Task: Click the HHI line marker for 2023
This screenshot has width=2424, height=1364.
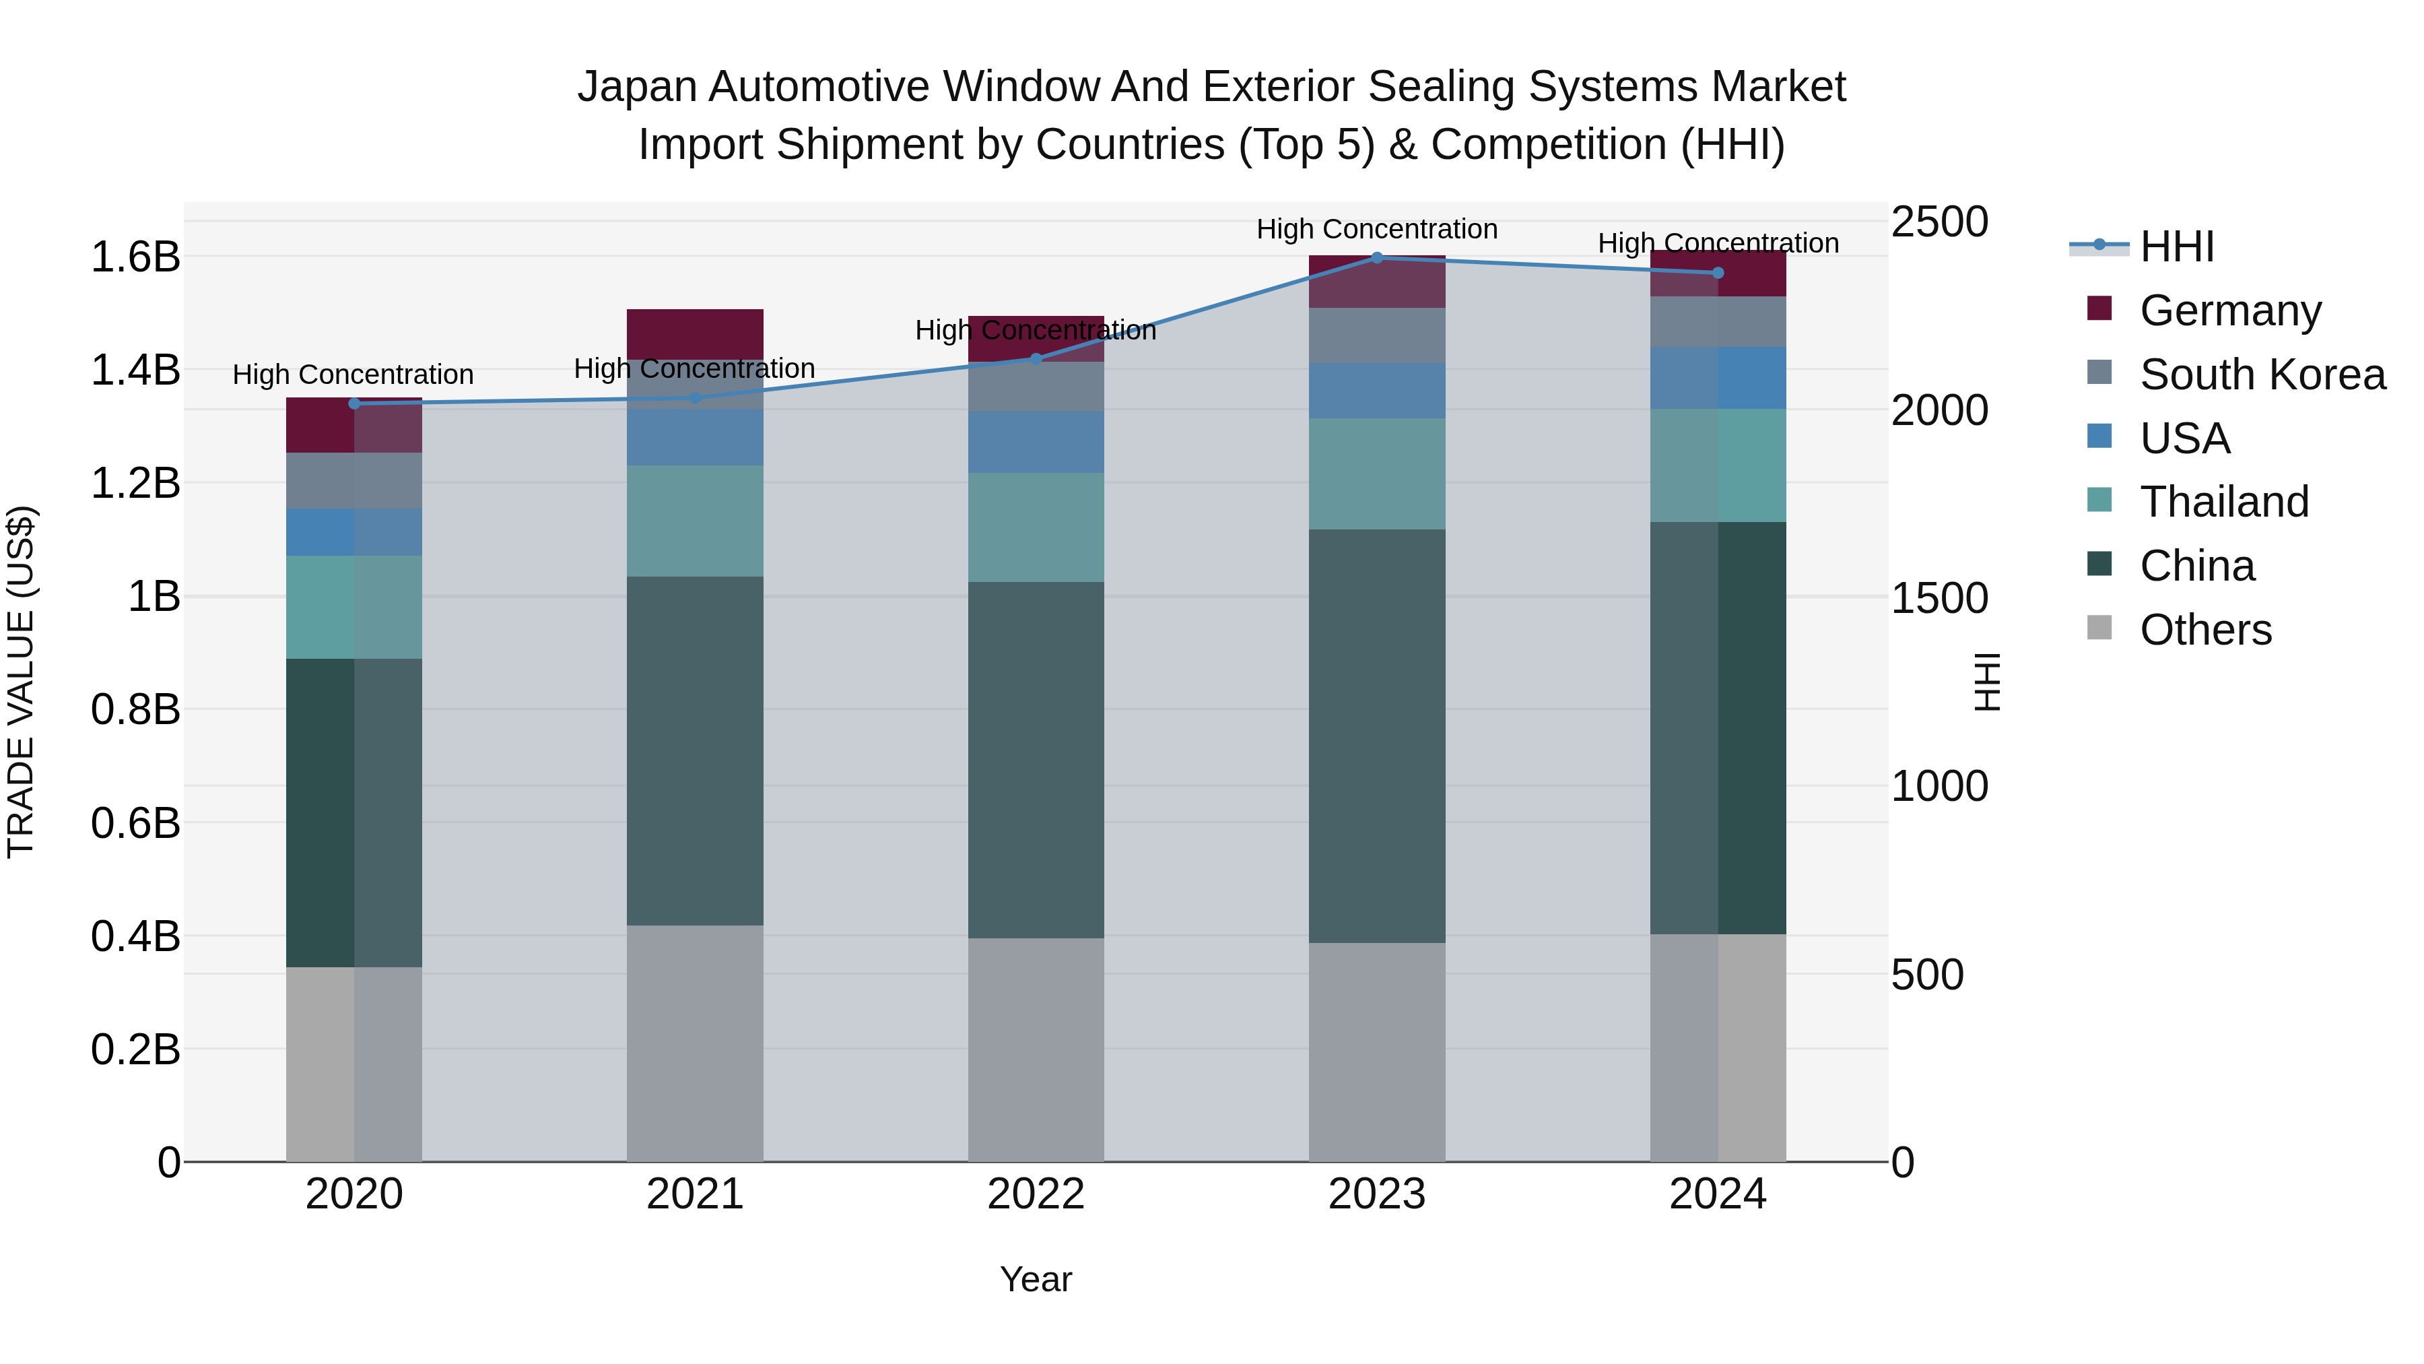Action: pyautogui.click(x=1377, y=258)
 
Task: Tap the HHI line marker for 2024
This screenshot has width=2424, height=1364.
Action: pyautogui.click(x=1717, y=273)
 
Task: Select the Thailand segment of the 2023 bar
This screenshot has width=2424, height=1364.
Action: pyautogui.click(x=1377, y=474)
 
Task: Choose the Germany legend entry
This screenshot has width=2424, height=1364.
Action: pyautogui.click(x=2229, y=310)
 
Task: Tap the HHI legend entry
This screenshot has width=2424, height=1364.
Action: pyautogui.click(x=2176, y=247)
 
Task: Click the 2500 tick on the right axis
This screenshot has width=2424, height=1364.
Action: pyautogui.click(x=1939, y=222)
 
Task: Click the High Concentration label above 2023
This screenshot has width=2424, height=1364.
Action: pyautogui.click(x=1377, y=229)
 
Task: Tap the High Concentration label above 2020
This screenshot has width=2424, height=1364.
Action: pyautogui.click(x=353, y=375)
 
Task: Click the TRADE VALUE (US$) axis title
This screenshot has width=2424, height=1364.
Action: pyautogui.click(x=21, y=682)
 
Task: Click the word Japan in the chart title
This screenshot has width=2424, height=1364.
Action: pyautogui.click(x=636, y=87)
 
